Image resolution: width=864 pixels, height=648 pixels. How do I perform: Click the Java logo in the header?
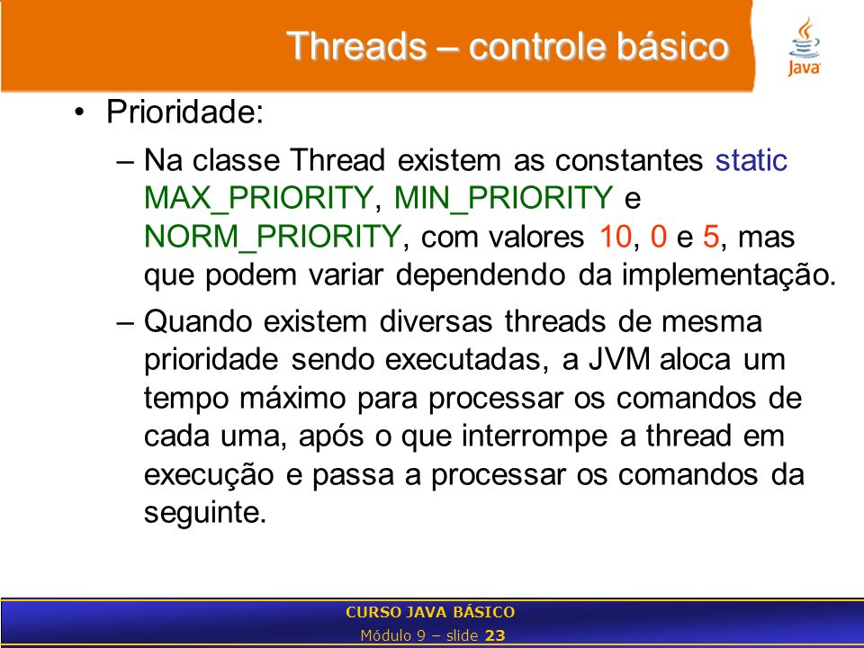(805, 47)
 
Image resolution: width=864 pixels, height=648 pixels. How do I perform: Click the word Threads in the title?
(356, 46)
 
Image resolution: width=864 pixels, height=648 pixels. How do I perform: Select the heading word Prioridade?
(184, 112)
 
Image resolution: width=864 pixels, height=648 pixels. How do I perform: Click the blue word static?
(751, 160)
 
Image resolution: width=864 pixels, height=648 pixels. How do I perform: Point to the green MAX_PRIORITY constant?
(258, 199)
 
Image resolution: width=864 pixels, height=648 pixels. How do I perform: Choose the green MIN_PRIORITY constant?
(504, 199)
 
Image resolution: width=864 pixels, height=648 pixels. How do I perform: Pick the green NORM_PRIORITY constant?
(272, 238)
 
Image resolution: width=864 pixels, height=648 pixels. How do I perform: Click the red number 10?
(616, 237)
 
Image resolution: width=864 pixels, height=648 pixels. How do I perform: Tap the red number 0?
(659, 237)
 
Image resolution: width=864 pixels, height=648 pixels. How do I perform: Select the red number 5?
(711, 237)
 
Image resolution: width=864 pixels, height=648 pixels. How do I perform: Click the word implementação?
(728, 275)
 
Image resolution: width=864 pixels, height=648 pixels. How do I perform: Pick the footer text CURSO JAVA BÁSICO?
(430, 612)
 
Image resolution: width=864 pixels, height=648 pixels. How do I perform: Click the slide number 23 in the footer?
(495, 635)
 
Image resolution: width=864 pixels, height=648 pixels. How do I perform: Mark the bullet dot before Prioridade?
(80, 112)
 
